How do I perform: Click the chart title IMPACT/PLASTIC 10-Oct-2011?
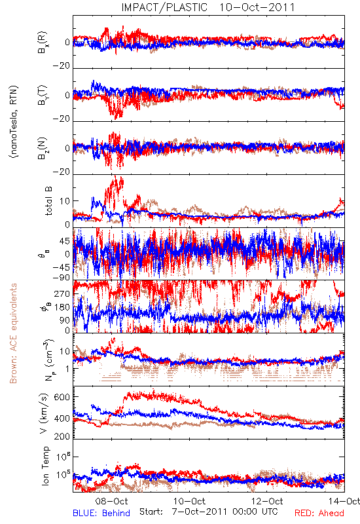point(208,7)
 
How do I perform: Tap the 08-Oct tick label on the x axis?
point(111,501)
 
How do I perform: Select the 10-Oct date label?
point(190,501)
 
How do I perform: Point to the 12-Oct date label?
point(267,501)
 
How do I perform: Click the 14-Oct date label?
point(344,501)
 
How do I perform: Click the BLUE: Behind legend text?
point(101,513)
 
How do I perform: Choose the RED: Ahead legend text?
point(319,513)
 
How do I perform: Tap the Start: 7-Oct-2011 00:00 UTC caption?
point(209,512)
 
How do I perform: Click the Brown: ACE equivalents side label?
point(13,333)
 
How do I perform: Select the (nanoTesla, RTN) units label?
point(14,122)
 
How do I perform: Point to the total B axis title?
point(48,200)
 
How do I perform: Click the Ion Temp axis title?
point(45,466)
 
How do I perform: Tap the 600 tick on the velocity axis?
point(62,397)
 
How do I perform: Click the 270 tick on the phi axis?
point(62,293)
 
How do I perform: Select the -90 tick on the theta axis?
point(62,278)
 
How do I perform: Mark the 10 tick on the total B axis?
point(65,201)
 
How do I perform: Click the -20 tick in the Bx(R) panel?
point(62,66)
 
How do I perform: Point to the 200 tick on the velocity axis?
point(62,436)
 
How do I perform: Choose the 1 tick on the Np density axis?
point(67,369)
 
